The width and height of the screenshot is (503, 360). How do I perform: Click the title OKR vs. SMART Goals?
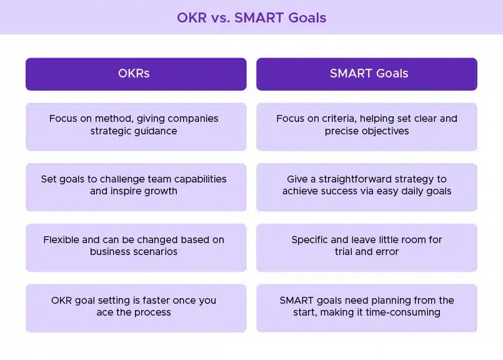click(x=251, y=17)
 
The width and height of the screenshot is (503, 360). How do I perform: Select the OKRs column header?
click(x=136, y=74)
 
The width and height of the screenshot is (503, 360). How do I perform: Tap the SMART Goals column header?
click(x=367, y=74)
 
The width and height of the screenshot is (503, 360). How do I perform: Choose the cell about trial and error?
click(x=367, y=247)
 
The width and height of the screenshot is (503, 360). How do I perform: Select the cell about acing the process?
click(x=136, y=308)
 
